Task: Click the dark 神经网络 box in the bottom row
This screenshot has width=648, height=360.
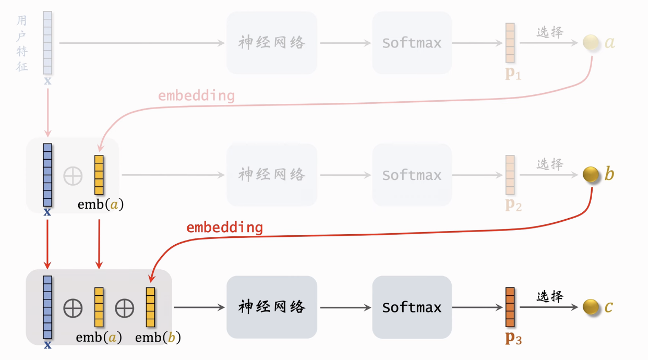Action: (x=271, y=307)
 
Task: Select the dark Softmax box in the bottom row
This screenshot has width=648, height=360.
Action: (x=412, y=307)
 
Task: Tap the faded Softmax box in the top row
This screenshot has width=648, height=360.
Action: (x=412, y=43)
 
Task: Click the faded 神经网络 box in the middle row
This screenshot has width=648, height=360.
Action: (x=271, y=175)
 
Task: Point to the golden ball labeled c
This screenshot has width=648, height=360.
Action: (x=591, y=307)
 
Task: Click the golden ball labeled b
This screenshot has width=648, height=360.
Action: (x=591, y=174)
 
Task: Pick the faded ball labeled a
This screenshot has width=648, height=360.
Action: (x=591, y=42)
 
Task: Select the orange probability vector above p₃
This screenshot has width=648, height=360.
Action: (x=510, y=307)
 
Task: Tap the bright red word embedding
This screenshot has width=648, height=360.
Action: (x=224, y=228)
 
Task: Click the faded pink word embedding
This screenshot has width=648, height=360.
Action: (x=196, y=96)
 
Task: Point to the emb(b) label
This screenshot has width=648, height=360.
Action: (x=158, y=338)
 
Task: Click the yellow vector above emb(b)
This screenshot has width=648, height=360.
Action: (x=150, y=307)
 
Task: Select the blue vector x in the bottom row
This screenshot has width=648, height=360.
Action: (x=47, y=307)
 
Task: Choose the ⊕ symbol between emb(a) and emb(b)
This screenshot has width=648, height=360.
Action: (x=124, y=308)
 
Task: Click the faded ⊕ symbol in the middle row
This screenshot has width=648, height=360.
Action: (x=73, y=176)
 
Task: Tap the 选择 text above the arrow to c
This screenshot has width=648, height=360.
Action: (x=550, y=296)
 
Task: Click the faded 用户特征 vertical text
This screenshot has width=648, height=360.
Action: (x=22, y=43)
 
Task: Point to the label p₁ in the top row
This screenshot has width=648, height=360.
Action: (x=513, y=74)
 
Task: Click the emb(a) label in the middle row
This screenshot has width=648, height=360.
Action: (x=100, y=205)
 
